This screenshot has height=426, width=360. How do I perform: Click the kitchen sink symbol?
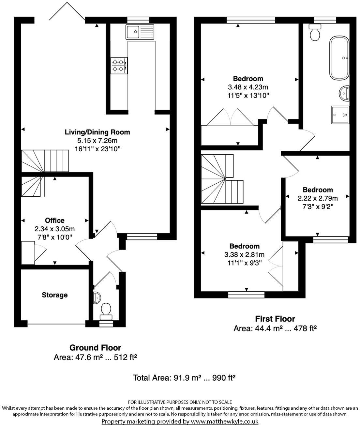[x=140, y=32]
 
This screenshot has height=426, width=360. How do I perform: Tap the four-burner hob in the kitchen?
[x=119, y=65]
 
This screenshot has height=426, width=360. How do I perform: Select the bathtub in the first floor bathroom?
[x=339, y=58]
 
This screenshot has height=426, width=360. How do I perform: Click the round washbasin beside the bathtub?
[x=344, y=93]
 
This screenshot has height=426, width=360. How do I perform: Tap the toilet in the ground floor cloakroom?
[x=106, y=310]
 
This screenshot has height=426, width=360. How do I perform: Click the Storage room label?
[x=54, y=295]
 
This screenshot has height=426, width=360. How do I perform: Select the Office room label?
[x=54, y=221]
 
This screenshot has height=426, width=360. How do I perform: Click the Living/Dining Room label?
[x=97, y=132]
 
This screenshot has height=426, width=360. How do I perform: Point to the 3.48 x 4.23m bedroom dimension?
[x=248, y=87]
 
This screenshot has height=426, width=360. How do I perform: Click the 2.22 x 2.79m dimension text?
[x=318, y=198]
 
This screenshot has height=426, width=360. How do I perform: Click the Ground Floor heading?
[x=95, y=348]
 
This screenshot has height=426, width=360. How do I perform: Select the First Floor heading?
[x=275, y=319]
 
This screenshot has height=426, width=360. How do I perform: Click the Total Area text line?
[x=184, y=378]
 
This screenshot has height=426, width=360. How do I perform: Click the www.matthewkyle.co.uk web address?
[x=224, y=421]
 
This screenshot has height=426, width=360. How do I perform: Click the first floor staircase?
[x=222, y=179]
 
